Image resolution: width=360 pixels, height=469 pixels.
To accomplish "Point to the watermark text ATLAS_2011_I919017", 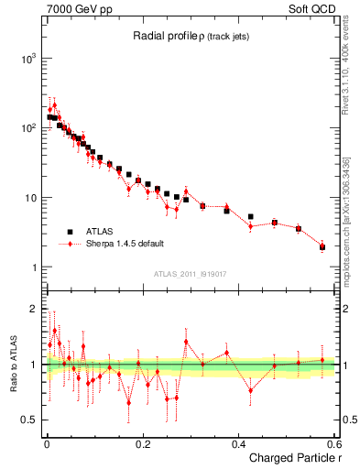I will (190, 274).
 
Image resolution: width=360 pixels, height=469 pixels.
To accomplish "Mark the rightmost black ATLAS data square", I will (322, 247).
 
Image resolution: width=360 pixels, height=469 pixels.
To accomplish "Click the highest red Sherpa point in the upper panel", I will (54, 105).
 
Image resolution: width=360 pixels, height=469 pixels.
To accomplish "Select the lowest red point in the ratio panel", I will (129, 402).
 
